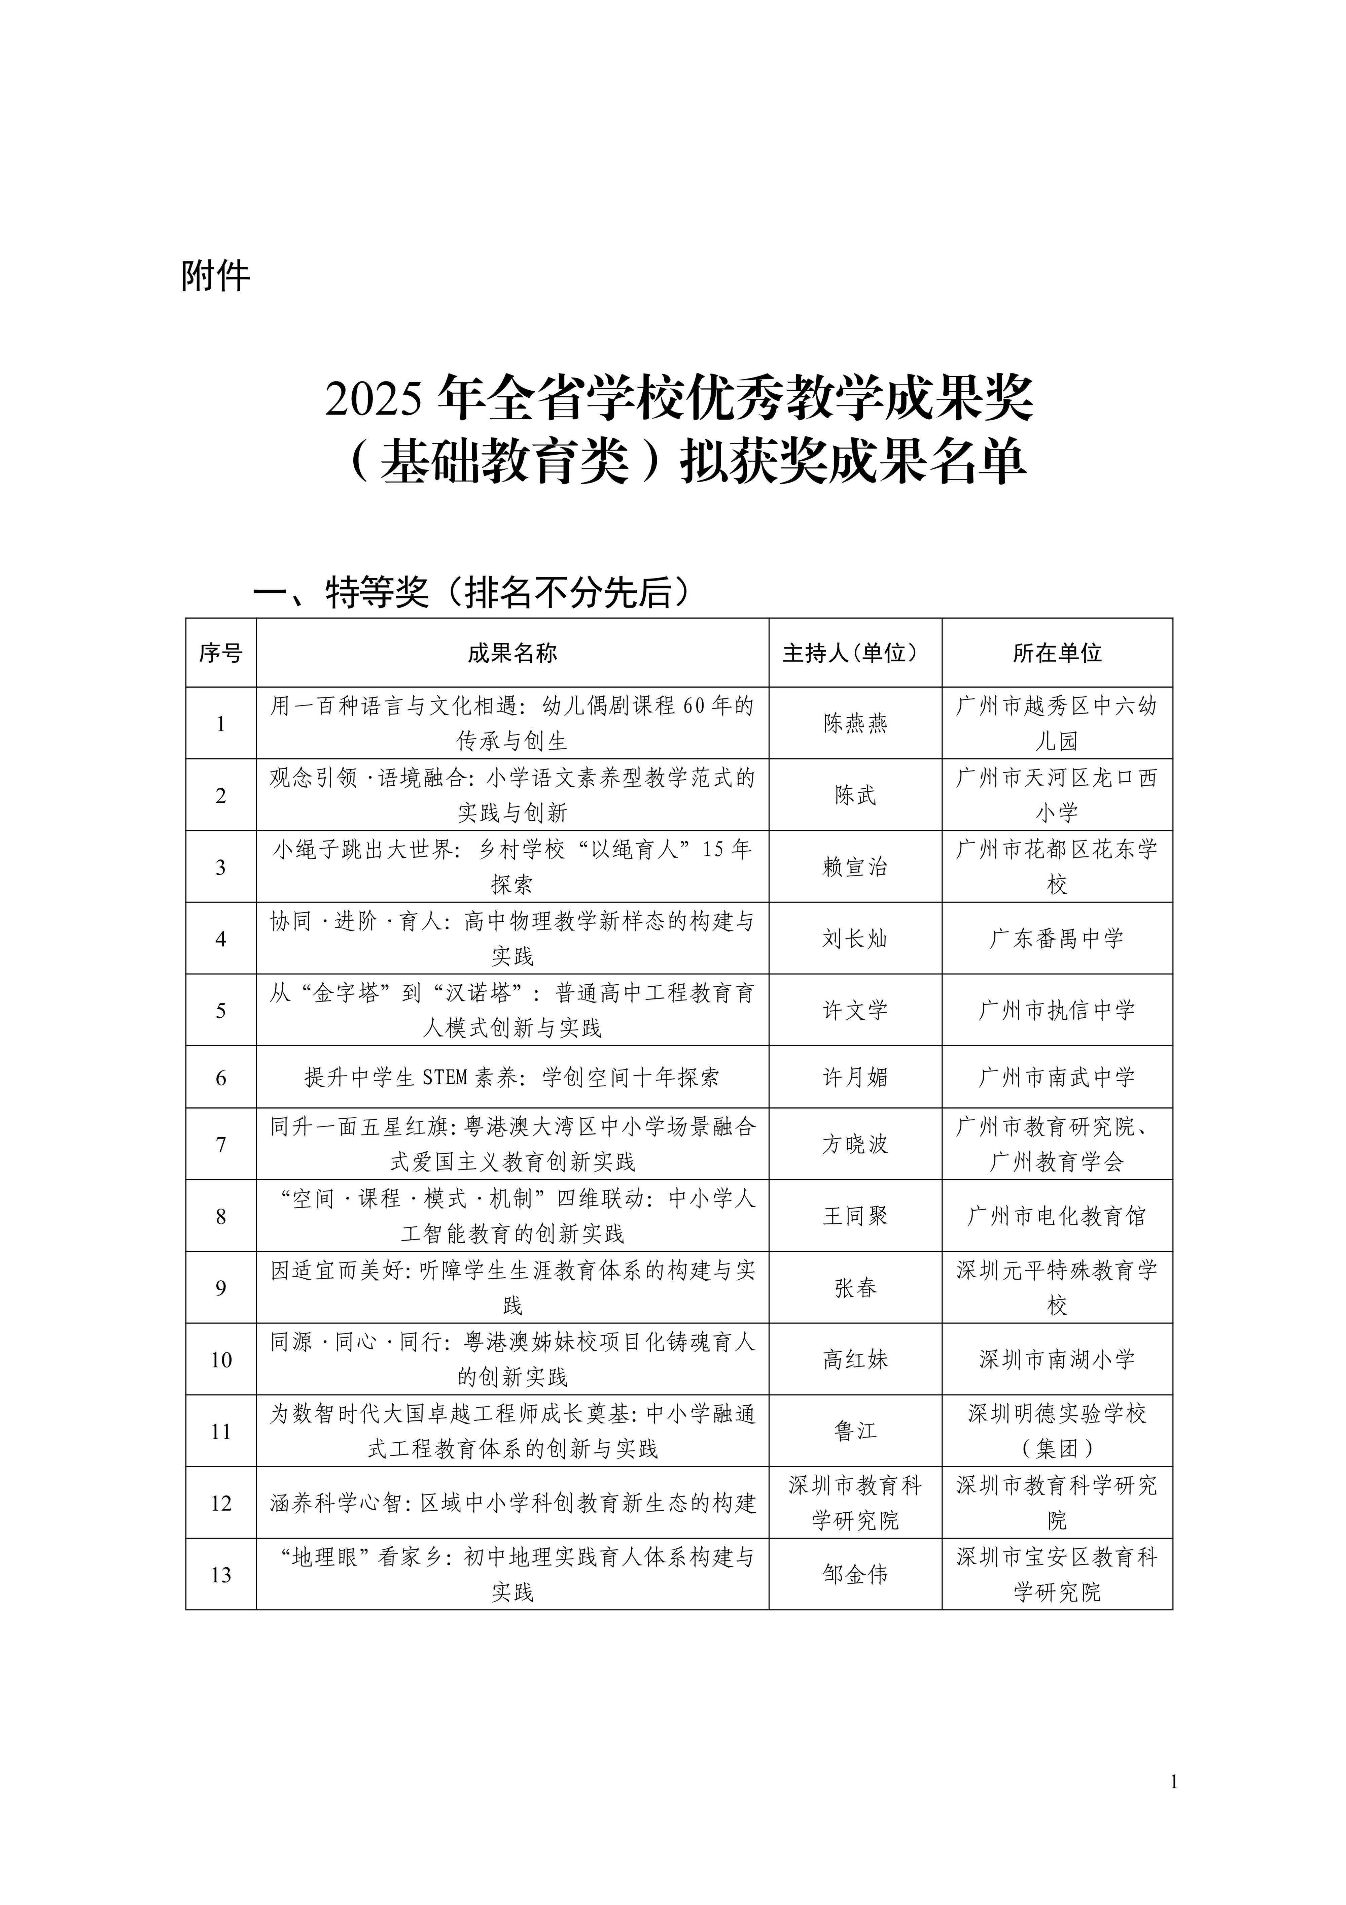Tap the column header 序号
(x=221, y=654)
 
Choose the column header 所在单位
(x=1057, y=654)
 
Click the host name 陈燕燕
(x=855, y=723)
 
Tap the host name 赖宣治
(x=855, y=867)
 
